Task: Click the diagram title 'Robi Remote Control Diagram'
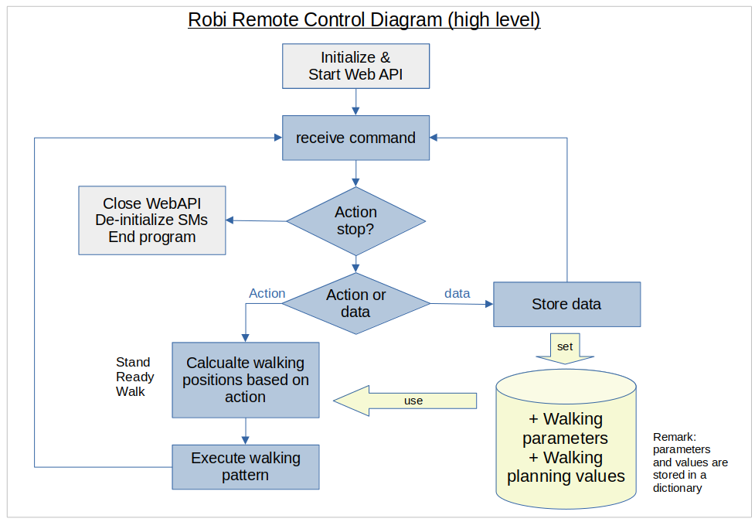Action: click(364, 19)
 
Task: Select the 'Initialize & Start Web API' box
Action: click(355, 66)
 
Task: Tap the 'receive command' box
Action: click(355, 138)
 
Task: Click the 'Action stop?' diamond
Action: click(355, 221)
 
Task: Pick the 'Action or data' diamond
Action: click(355, 303)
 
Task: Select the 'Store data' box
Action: click(566, 304)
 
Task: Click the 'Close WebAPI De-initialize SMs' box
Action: click(152, 220)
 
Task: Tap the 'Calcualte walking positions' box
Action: click(245, 380)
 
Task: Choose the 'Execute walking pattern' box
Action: click(245, 466)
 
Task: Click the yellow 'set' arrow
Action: click(565, 349)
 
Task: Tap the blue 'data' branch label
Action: click(457, 293)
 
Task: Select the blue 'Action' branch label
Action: click(267, 293)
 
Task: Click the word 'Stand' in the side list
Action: click(133, 362)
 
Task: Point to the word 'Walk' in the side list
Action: click(131, 391)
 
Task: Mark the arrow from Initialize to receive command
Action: click(355, 102)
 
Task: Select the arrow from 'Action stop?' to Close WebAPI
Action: click(257, 220)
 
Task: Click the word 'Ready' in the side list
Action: click(135, 377)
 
